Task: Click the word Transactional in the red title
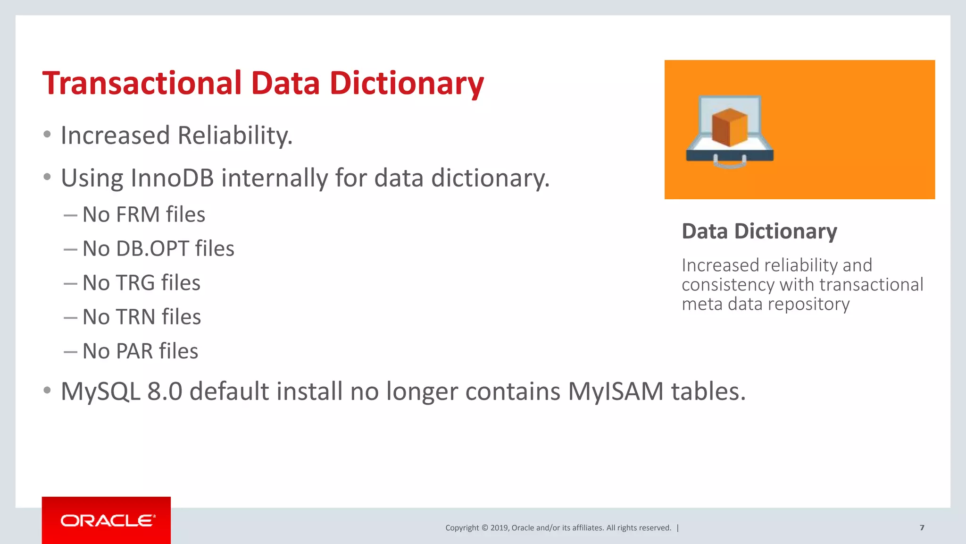(142, 83)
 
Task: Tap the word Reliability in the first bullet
(235, 136)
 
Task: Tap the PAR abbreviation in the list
(134, 351)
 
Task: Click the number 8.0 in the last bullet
(165, 391)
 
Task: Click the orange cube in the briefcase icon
(730, 127)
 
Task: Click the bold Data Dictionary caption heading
(759, 231)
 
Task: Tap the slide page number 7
(922, 527)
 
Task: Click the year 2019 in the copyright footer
(499, 528)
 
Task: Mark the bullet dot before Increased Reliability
(47, 135)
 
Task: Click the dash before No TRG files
(70, 284)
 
